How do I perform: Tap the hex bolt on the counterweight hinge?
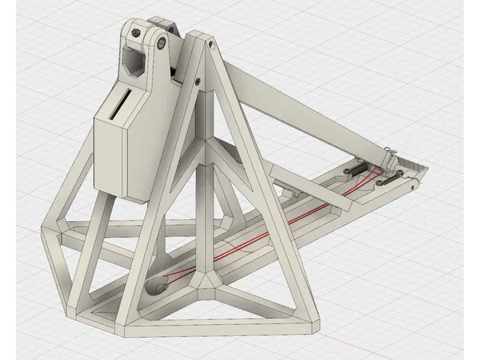pos(135,34)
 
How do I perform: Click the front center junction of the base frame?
pos(211,285)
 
